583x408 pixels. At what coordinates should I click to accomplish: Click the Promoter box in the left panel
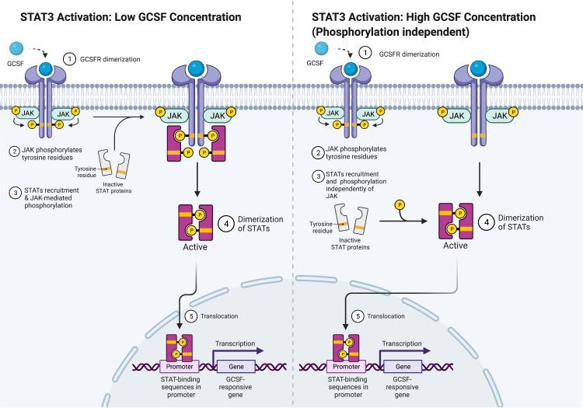(x=179, y=364)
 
